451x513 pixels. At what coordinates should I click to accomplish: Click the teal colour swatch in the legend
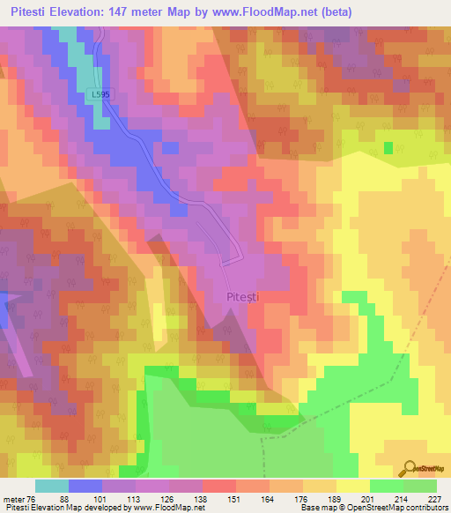pos(52,486)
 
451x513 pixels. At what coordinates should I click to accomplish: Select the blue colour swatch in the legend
pos(85,486)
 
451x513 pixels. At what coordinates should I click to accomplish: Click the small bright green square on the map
pos(388,147)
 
